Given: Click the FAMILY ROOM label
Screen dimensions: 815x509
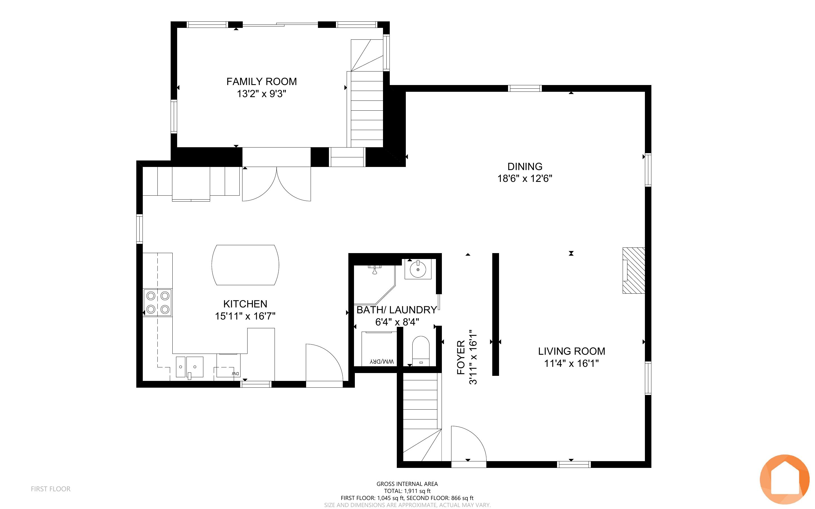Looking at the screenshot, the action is coord(262,81).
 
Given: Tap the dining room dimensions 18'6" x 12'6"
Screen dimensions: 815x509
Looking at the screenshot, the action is coord(525,178).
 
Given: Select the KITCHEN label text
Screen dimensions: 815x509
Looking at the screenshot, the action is coord(245,304).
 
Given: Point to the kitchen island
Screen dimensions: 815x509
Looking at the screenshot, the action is coord(245,265).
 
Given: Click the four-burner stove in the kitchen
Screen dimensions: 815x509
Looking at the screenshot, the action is coord(157,302).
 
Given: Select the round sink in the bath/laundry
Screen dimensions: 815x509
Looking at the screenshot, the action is coord(418,269).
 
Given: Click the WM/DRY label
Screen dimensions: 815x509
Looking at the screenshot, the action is coord(382,361).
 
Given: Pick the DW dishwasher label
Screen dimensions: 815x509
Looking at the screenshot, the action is coord(235,373).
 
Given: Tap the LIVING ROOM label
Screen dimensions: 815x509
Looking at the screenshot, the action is coord(572,351).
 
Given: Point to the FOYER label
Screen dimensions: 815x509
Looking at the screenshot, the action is coord(461,358).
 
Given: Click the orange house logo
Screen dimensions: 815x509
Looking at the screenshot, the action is coord(785,479).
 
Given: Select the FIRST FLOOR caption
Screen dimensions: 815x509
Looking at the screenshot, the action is coord(51,489).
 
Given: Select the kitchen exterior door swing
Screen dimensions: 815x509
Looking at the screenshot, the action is coord(324,363).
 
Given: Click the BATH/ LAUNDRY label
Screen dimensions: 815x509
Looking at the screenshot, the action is coord(397,310).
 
